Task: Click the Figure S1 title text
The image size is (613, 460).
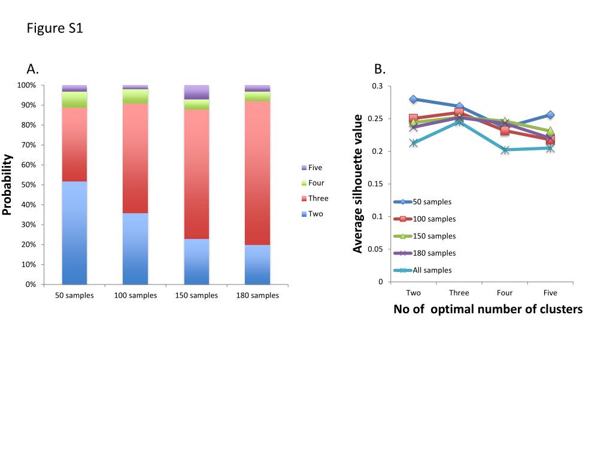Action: pos(54,28)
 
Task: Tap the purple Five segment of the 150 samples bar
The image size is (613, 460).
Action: pos(196,92)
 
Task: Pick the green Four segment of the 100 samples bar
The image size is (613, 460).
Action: pos(135,96)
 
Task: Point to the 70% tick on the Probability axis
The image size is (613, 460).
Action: pos(28,145)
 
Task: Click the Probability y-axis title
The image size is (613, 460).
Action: pos(8,184)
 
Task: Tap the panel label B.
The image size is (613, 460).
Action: pos(379,69)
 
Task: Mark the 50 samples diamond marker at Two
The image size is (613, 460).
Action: pos(413,99)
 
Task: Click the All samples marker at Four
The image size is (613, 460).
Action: pos(505,150)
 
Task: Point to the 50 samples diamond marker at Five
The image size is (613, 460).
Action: pos(550,115)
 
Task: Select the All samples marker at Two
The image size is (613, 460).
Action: pos(413,143)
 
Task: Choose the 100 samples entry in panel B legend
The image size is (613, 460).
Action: pos(425,219)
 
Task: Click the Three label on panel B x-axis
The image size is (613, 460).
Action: pos(459,293)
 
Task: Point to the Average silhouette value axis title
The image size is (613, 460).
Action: pos(358,183)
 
